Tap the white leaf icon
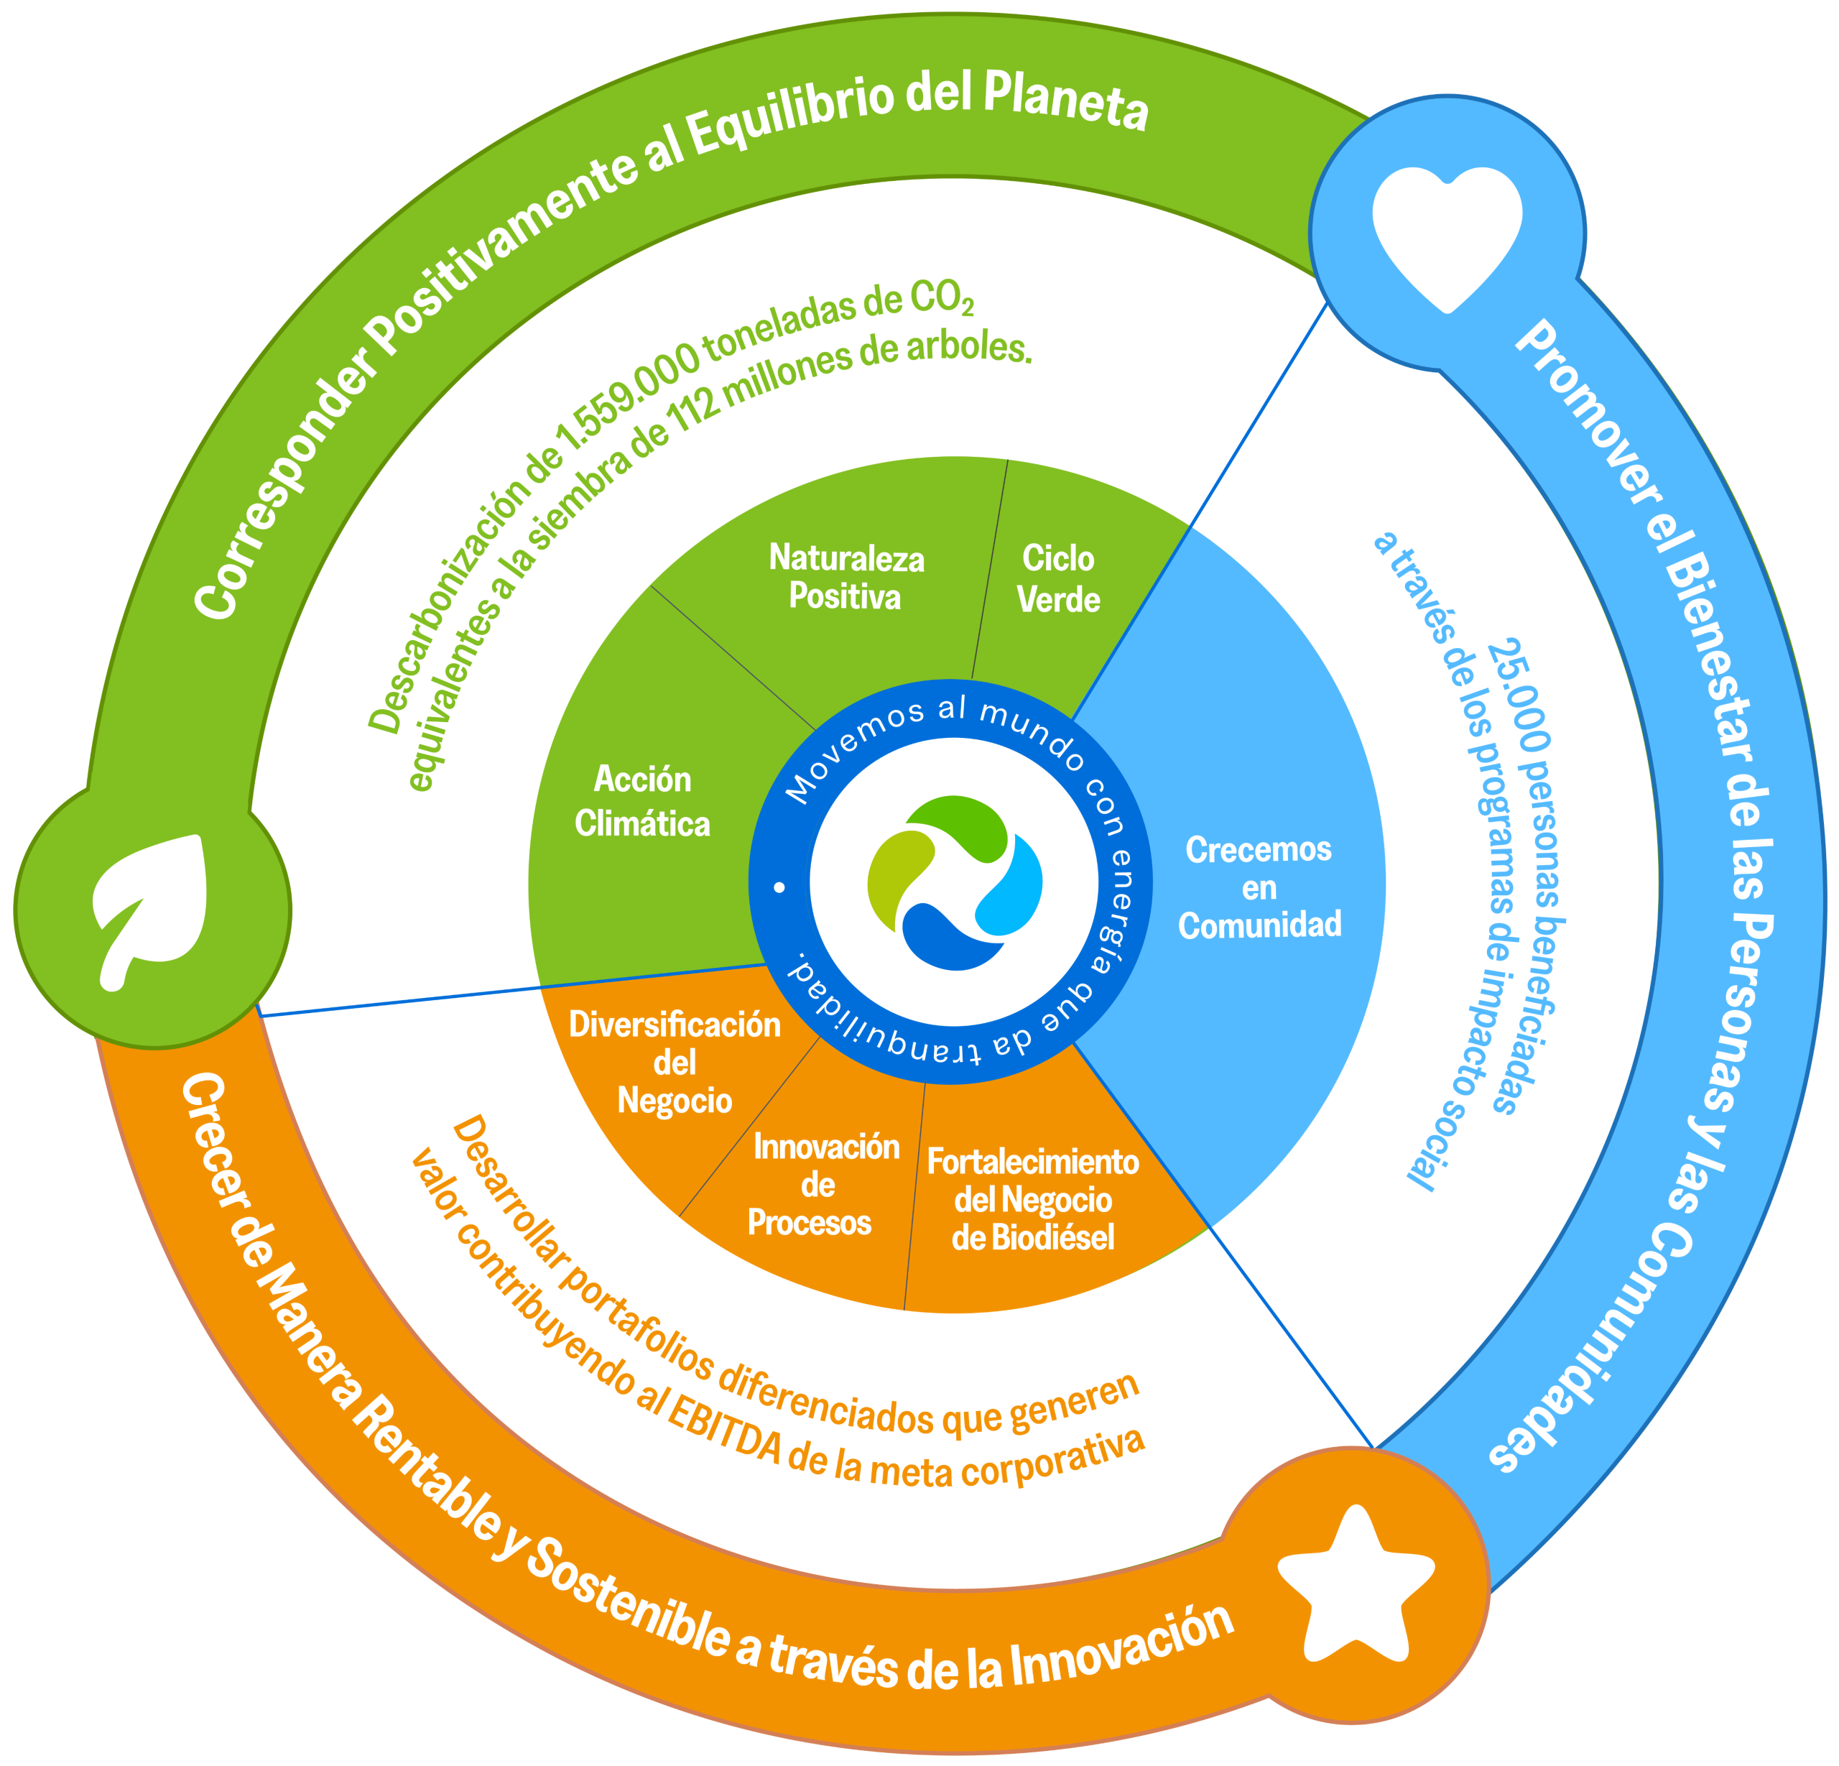150,907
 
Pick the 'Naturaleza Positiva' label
846,577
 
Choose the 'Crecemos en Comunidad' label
1259,887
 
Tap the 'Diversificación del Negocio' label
675,1062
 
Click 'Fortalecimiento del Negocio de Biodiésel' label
1032,1199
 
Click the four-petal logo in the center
954,882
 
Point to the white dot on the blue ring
779,887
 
